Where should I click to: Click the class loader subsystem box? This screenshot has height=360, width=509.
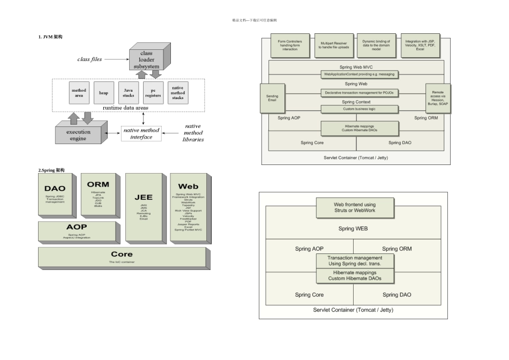(146, 60)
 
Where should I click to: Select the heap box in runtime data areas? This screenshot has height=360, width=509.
(103, 93)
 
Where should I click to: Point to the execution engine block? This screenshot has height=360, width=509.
(78, 135)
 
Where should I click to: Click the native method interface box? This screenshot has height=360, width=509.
(141, 133)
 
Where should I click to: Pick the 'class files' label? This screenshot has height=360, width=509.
(89, 59)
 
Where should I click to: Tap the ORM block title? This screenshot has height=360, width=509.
(98, 184)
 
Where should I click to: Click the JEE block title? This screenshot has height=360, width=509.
(143, 197)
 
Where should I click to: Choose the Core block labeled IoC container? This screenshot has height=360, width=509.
(122, 257)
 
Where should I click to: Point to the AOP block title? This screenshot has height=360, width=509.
(77, 227)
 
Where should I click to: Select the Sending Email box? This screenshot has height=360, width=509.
(272, 98)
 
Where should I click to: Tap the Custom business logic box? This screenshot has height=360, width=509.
(360, 109)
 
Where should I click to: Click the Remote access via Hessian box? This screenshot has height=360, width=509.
(438, 98)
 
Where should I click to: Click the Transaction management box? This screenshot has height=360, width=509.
(354, 261)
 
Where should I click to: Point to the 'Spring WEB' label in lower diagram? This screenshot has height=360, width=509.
(354, 229)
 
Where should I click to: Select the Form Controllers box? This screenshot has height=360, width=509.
(290, 45)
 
